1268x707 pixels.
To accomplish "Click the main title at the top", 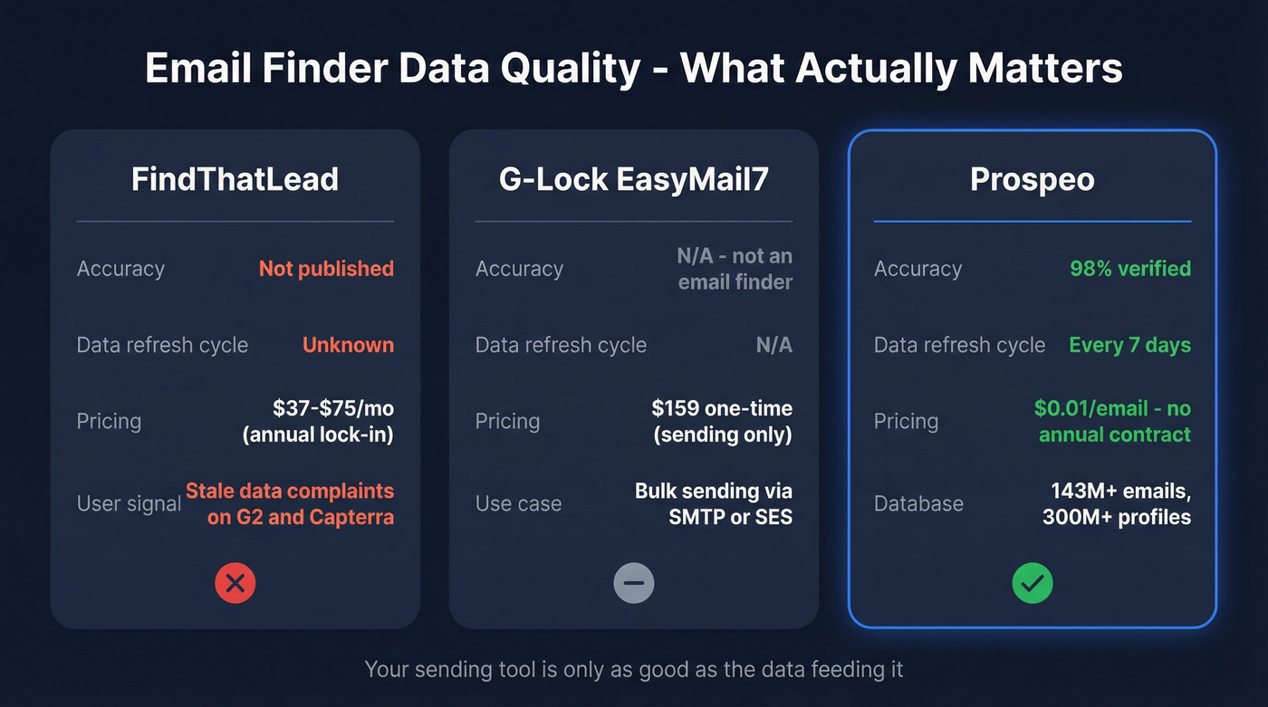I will click(634, 69).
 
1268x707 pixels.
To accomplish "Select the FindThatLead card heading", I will click(235, 178).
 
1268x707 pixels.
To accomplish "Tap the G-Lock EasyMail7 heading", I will click(633, 178).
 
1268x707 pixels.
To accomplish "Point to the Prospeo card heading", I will click(1032, 178).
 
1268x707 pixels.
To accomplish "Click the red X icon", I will click(235, 584).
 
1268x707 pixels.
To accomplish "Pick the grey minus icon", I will click(634, 584).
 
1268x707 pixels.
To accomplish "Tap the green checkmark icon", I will click(1033, 584).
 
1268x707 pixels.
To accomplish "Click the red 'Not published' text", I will click(326, 269).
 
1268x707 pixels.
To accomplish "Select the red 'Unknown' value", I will click(348, 345).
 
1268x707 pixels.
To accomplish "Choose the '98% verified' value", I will click(1130, 269).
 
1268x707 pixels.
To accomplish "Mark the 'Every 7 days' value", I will click(1129, 345).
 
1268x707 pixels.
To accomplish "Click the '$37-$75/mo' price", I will click(332, 408).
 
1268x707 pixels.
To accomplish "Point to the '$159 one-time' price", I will click(722, 408).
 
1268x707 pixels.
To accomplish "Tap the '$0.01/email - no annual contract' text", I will click(1113, 421).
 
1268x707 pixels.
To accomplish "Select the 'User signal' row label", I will click(129, 503).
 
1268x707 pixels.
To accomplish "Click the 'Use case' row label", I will click(518, 503).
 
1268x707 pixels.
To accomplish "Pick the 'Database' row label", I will click(918, 503).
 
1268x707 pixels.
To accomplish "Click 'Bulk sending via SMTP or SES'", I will click(714, 503).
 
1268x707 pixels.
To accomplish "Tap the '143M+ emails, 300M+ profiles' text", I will click(1120, 503).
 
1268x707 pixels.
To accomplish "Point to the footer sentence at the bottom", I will click(634, 670).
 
